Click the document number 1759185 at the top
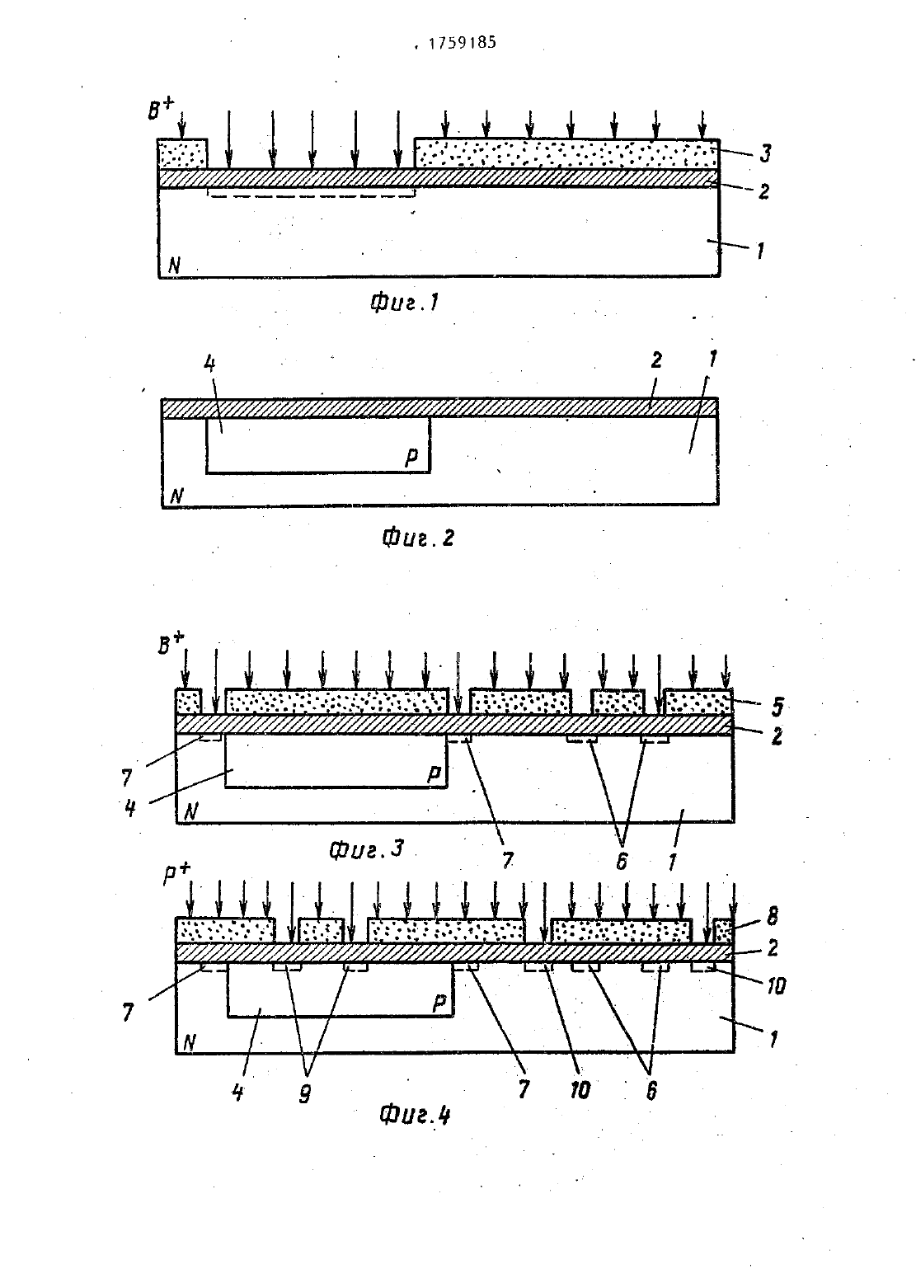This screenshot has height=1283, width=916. tap(462, 43)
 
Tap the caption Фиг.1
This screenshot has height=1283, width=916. tap(405, 302)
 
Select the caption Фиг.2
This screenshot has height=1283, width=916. tap(418, 537)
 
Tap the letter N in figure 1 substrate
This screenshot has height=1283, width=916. tap(174, 266)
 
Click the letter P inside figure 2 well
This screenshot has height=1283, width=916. tap(411, 457)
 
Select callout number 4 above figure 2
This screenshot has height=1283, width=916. tap(209, 364)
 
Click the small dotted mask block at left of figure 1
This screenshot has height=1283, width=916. tap(182, 153)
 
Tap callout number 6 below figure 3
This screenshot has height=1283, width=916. tap(622, 861)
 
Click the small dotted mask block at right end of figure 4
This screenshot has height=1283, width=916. tap(722, 931)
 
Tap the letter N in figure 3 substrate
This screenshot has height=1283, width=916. tap(191, 811)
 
